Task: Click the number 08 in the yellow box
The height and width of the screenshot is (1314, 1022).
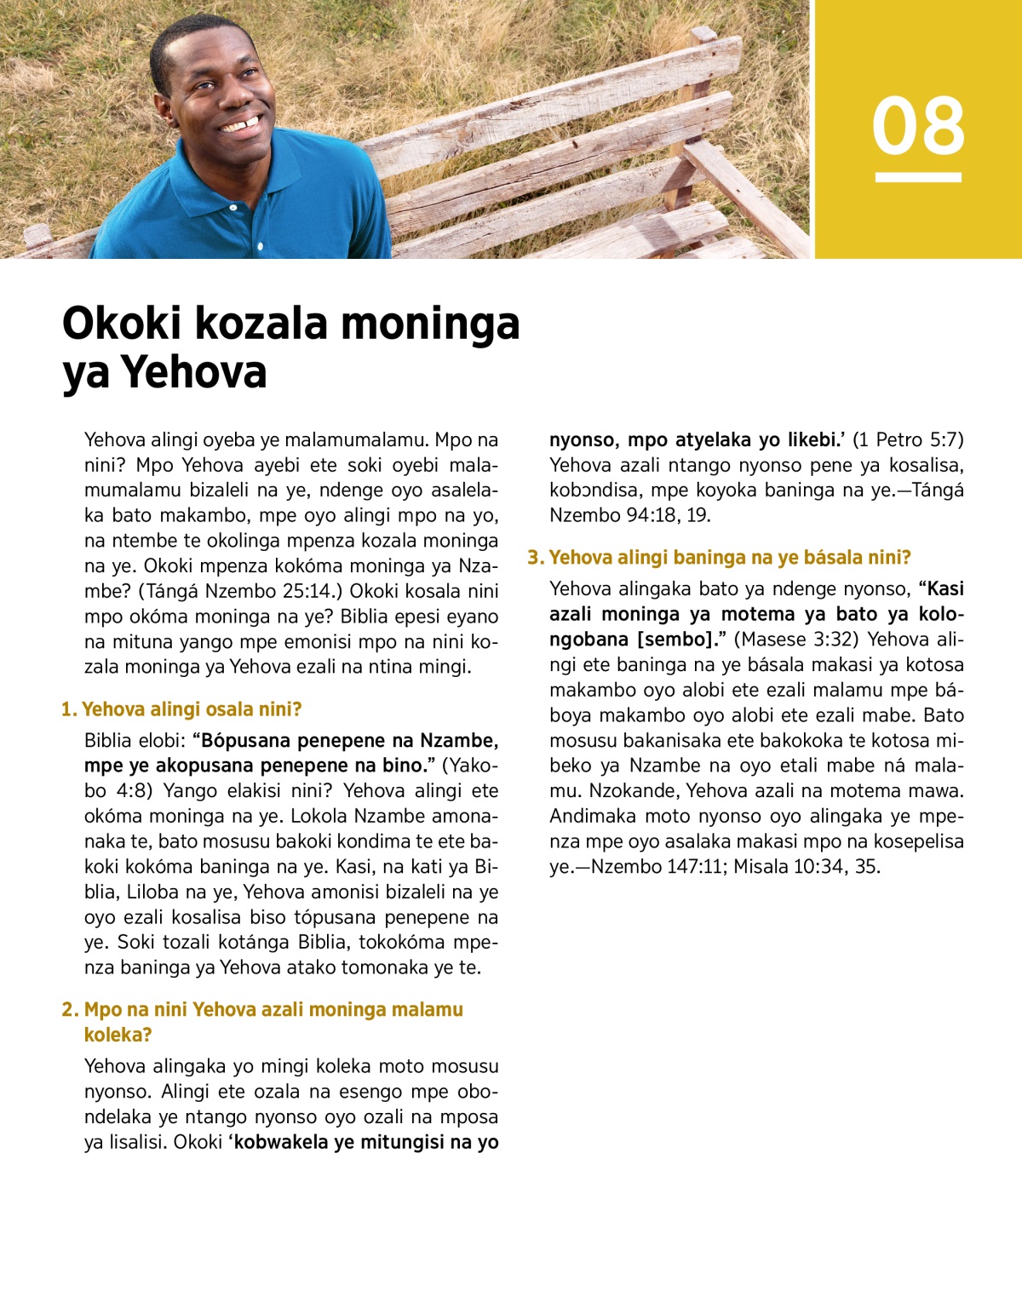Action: point(918,126)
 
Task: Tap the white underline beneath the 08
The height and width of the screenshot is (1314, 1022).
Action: point(918,178)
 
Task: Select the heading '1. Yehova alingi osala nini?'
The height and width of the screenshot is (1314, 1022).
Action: point(181,709)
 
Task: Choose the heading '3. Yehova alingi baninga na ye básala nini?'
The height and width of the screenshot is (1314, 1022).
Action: point(720,558)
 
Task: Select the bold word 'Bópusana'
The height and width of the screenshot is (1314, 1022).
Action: point(247,740)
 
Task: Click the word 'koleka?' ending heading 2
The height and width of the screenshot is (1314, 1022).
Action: point(118,1035)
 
